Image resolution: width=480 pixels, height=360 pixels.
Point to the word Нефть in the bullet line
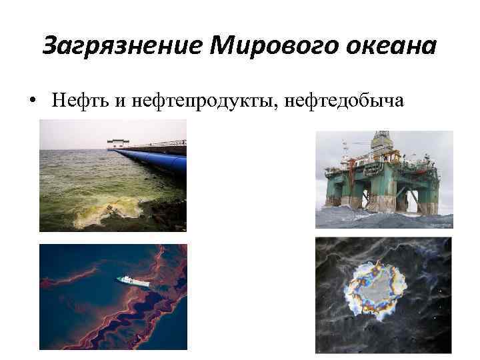click(72, 100)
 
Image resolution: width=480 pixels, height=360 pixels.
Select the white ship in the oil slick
click(133, 281)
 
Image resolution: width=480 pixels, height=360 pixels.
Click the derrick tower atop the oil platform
click(381, 143)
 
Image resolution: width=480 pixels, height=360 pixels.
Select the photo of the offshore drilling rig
click(383, 179)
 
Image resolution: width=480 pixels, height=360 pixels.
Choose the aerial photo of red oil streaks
click(113, 297)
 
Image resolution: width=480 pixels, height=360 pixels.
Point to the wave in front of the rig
click(383, 219)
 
